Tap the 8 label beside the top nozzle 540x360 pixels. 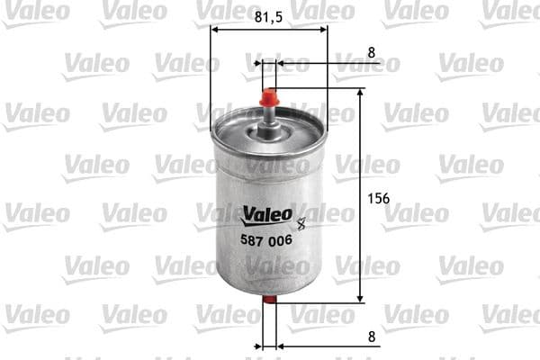point(371,52)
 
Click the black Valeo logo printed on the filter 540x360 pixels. point(267,214)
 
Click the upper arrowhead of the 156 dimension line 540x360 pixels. point(361,93)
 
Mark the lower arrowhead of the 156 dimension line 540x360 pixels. point(361,298)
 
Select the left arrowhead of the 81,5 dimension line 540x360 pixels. point(214,28)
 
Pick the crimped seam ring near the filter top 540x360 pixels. point(268,144)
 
